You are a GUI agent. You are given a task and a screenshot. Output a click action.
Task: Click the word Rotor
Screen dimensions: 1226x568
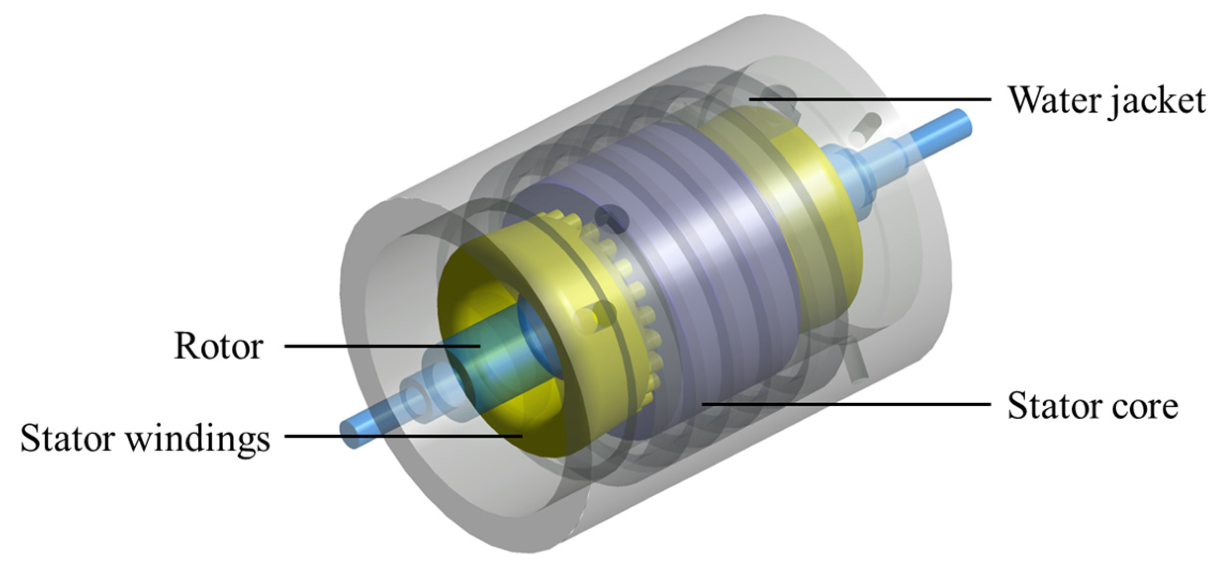[x=218, y=346]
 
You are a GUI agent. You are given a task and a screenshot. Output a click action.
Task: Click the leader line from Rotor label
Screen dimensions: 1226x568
[x=382, y=346]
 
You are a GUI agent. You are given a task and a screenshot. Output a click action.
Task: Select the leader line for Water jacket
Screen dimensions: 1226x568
[x=870, y=99]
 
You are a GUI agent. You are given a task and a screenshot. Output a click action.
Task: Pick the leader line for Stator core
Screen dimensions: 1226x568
[x=846, y=404]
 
